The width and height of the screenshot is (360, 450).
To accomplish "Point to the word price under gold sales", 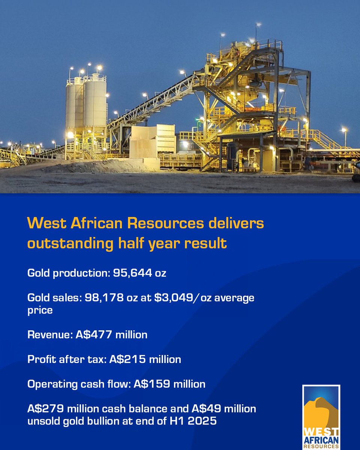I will coord(40,311).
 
